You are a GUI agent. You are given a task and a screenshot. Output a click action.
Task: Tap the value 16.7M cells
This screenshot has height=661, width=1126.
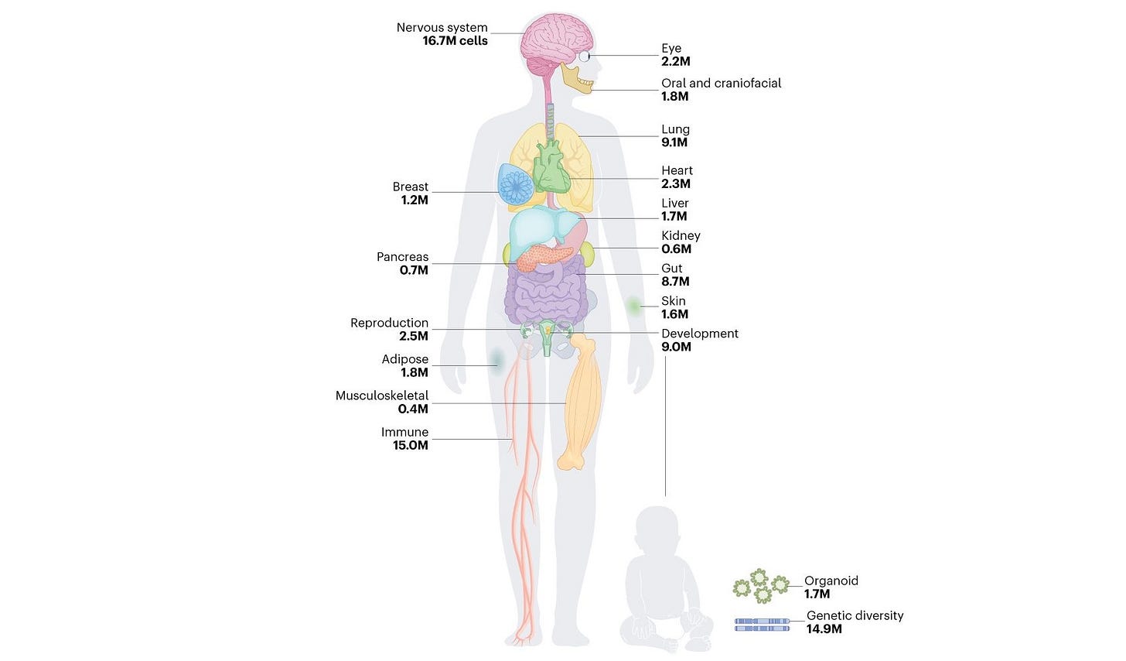[455, 41]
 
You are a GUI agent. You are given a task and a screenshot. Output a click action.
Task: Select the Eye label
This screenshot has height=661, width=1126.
[670, 48]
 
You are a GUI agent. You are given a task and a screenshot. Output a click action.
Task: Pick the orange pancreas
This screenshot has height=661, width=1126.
[542, 256]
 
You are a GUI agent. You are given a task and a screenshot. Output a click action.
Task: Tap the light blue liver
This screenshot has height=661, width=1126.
[541, 228]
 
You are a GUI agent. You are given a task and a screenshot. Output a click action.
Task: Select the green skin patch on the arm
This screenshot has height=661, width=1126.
[634, 307]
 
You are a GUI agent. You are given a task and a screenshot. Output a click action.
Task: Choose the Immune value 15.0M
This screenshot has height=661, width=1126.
[410, 446]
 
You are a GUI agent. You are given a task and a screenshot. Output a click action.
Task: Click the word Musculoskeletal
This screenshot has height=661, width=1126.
[381, 396]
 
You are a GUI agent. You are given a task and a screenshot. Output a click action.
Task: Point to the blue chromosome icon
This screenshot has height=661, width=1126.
[762, 624]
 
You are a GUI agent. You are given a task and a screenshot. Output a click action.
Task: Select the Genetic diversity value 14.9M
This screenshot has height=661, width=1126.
[824, 629]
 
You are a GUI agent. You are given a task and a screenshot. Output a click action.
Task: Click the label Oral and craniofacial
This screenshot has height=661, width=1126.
[721, 83]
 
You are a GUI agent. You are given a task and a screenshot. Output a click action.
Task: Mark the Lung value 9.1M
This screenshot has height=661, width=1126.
[674, 142]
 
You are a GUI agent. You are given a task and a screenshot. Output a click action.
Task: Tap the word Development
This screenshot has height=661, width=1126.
[699, 334]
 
